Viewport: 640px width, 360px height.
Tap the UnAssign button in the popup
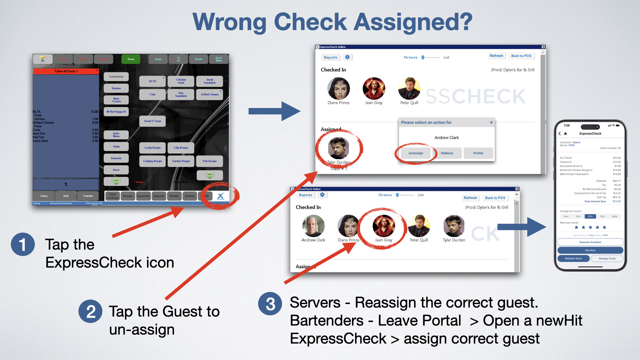pyautogui.click(x=416, y=153)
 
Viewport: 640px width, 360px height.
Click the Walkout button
pyautogui.click(x=447, y=153)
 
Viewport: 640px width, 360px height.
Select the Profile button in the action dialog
pyautogui.click(x=478, y=153)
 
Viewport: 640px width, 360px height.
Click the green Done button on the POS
pyautogui.click(x=131, y=59)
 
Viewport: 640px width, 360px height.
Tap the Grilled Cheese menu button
pyautogui.click(x=210, y=94)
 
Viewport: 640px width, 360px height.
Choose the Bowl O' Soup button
pyautogui.click(x=152, y=121)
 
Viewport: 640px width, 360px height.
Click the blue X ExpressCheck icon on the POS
pyautogui.click(x=220, y=196)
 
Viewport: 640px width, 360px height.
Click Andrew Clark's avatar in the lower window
pyautogui.click(x=313, y=226)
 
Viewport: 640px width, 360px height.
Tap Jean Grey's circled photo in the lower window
pyautogui.click(x=384, y=226)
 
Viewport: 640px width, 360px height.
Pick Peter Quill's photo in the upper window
pyautogui.click(x=409, y=88)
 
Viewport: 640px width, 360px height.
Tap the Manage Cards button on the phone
pyautogui.click(x=607, y=258)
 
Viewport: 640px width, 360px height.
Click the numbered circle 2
pyautogui.click(x=91, y=312)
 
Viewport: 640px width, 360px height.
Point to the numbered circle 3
pyautogui.click(x=270, y=304)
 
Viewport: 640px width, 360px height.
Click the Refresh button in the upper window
pyautogui.click(x=496, y=56)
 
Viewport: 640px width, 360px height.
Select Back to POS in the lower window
pyautogui.click(x=495, y=198)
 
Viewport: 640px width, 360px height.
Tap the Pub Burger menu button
pyautogui.click(x=210, y=161)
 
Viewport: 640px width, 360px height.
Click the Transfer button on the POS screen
pyautogui.click(x=88, y=196)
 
